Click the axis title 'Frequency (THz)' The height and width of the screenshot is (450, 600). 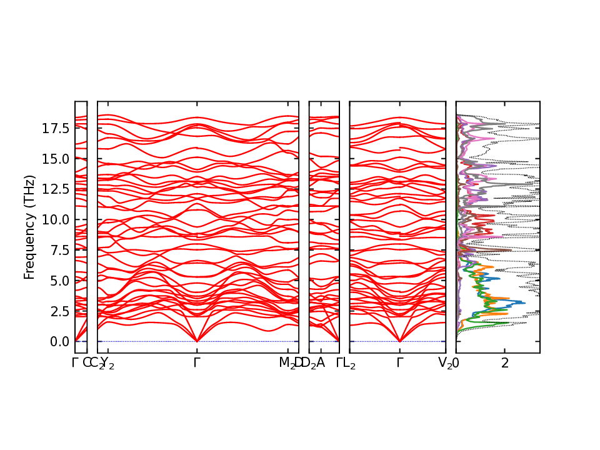click(x=29, y=227)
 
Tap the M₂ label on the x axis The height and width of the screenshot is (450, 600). click(x=287, y=363)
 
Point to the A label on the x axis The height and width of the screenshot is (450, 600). click(x=321, y=362)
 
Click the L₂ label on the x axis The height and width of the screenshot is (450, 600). click(x=349, y=363)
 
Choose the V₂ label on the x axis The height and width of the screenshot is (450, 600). click(x=445, y=363)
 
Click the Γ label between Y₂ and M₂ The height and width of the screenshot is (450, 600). click(x=197, y=362)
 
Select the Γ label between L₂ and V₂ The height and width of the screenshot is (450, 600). click(x=399, y=362)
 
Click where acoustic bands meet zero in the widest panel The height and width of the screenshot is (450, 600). click(x=197, y=341)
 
